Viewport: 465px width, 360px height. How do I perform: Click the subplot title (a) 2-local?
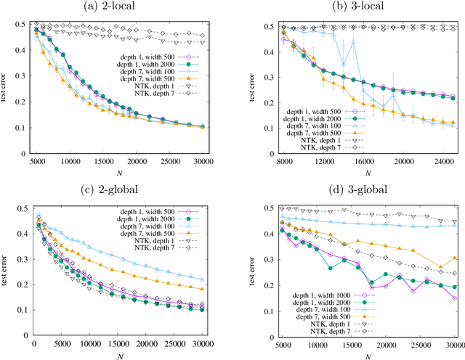[x=123, y=7]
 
